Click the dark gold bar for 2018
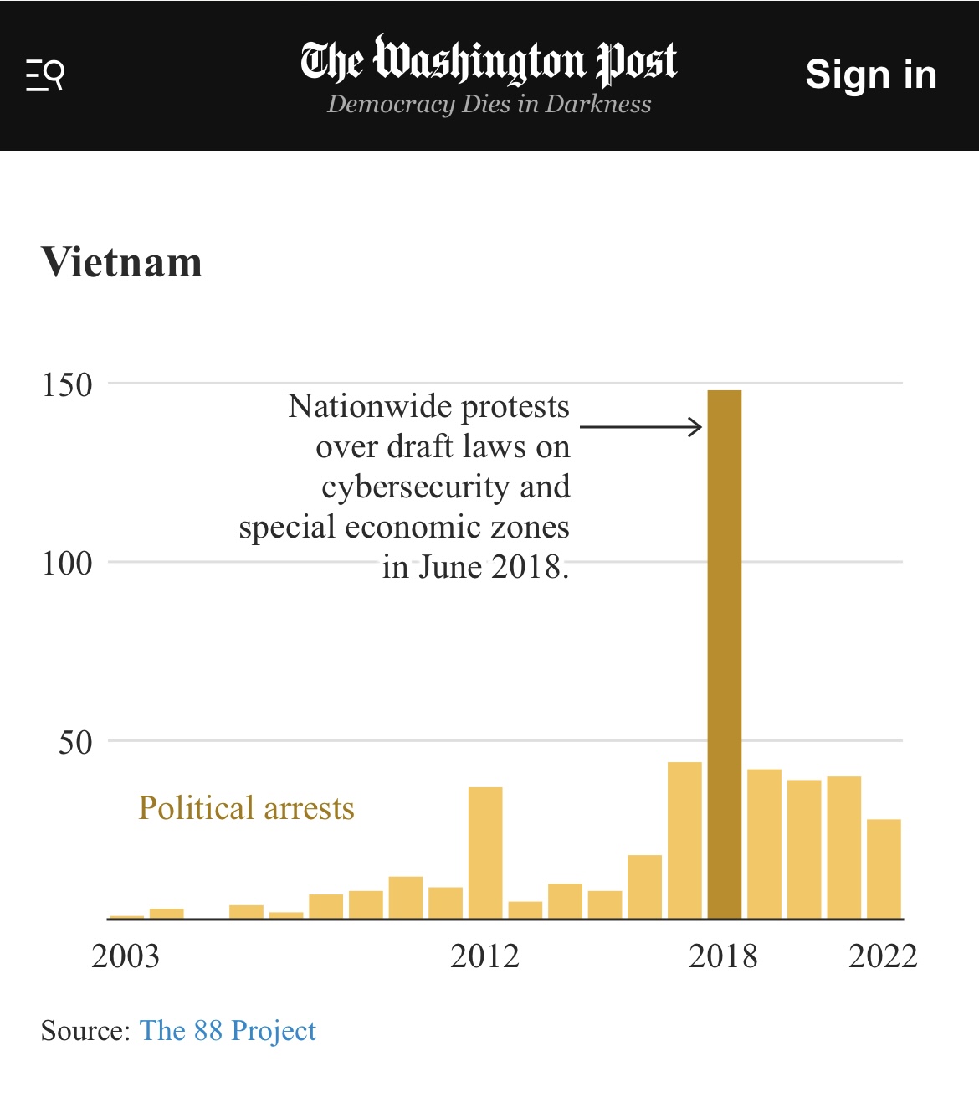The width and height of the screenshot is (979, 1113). pos(725,654)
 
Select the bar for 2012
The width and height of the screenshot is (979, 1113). pos(485,853)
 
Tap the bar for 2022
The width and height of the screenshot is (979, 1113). pos(884,868)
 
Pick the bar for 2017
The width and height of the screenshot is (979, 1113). pos(684,840)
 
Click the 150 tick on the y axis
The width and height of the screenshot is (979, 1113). pos(67,385)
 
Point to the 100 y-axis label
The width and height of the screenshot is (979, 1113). pos(67,563)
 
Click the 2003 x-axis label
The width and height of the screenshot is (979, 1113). pos(125,956)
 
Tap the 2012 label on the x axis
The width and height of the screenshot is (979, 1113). pos(484,956)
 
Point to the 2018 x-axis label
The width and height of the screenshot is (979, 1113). pos(723,956)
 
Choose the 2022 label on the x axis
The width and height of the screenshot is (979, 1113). pos(883,956)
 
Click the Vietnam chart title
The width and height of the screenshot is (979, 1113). pos(122,262)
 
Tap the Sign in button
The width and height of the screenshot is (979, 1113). pos(870,75)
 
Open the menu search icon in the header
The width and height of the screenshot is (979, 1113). pos(45,75)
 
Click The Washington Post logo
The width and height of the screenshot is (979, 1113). pos(489,60)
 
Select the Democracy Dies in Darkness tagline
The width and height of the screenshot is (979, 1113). pos(489,104)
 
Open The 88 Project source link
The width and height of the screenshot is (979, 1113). pos(228,1030)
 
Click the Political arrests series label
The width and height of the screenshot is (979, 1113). pos(246,808)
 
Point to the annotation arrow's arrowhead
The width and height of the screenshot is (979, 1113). pos(696,427)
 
